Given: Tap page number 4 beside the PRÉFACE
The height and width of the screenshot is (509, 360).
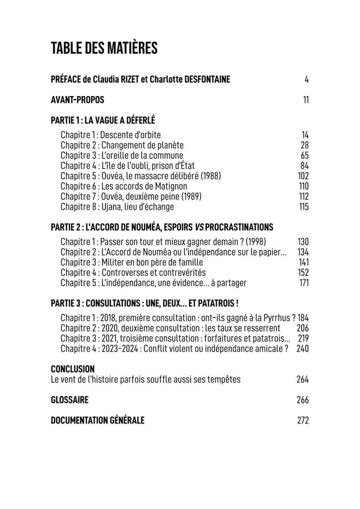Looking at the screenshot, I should [307, 79].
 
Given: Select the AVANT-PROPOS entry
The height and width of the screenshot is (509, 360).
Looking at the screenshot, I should [78, 100].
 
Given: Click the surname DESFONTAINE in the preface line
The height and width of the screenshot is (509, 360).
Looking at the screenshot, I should [200, 79].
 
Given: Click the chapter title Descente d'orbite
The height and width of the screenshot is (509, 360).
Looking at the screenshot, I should [131, 135].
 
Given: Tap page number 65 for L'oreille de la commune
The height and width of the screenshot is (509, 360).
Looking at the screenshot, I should [305, 155].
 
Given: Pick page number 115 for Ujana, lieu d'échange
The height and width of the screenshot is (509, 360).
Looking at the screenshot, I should [304, 206].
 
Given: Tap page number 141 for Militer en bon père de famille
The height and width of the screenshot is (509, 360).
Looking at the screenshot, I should [303, 262].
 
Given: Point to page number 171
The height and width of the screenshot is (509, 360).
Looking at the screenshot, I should [304, 283].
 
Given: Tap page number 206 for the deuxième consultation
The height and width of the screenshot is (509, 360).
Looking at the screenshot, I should [303, 328].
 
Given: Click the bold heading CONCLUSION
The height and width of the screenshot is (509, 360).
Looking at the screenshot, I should [73, 369].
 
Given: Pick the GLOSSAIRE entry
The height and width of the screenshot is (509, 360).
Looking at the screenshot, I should [70, 400].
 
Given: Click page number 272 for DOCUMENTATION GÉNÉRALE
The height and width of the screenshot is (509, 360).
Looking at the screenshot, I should [303, 420].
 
